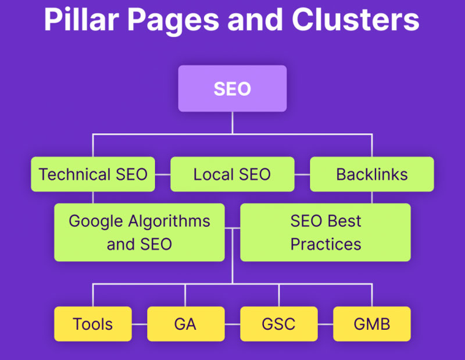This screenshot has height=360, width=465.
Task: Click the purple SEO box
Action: click(x=232, y=88)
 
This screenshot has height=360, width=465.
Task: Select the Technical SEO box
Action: click(x=93, y=174)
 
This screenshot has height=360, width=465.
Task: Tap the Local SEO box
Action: click(x=232, y=174)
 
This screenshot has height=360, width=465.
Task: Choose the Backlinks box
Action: click(x=371, y=174)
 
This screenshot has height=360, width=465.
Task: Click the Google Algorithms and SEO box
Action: click(x=139, y=232)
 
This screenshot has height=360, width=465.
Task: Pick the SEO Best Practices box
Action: click(x=325, y=232)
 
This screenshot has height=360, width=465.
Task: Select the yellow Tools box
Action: click(x=92, y=323)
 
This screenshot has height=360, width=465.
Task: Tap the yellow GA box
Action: click(x=185, y=323)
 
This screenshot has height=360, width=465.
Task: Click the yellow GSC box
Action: click(x=278, y=323)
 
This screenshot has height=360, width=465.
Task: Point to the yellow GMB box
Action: click(x=371, y=323)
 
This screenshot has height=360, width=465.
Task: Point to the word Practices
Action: click(x=325, y=243)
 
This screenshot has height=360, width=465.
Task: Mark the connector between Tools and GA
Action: click(x=139, y=323)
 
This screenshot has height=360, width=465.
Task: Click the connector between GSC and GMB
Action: click(x=325, y=323)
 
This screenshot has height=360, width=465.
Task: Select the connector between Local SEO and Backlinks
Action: click(x=302, y=174)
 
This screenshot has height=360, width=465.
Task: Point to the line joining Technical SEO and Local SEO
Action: click(x=162, y=174)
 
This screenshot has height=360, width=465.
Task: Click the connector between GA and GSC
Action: click(x=232, y=323)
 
